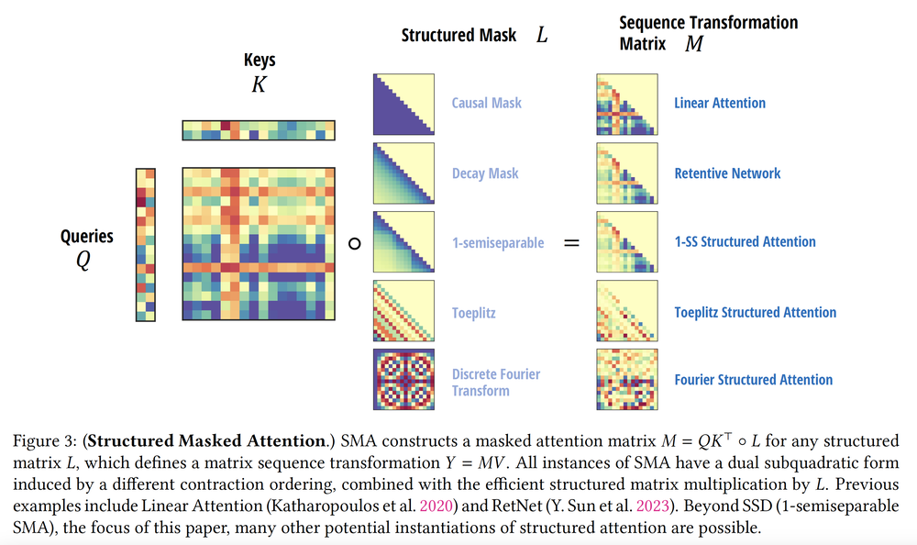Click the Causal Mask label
coord(486,103)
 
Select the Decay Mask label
coord(485,172)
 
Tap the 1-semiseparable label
coord(498,242)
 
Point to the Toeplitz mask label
coord(474,312)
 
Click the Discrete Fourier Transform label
coord(496,382)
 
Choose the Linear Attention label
coord(720,103)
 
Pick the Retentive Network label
coord(727,172)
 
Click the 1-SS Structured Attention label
coord(745,242)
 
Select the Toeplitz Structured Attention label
coord(755,312)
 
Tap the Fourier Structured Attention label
coord(753,380)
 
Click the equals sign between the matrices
coord(571,244)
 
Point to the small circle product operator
coord(355,244)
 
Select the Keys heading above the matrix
coord(260,61)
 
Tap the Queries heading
coord(87,236)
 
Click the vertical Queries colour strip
coord(146,244)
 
